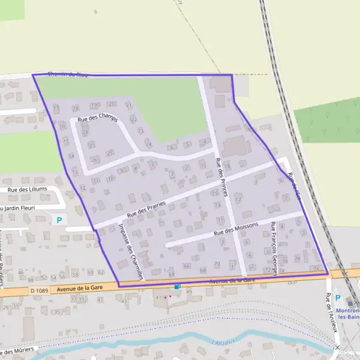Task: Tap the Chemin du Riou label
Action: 62,74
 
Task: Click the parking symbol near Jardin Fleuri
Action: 59,220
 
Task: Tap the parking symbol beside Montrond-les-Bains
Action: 337,298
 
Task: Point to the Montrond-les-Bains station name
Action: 349,313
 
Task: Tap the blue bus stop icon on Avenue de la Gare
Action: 177,287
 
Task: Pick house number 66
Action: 187,265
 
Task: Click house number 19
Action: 94,105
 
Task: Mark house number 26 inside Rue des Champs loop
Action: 94,160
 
